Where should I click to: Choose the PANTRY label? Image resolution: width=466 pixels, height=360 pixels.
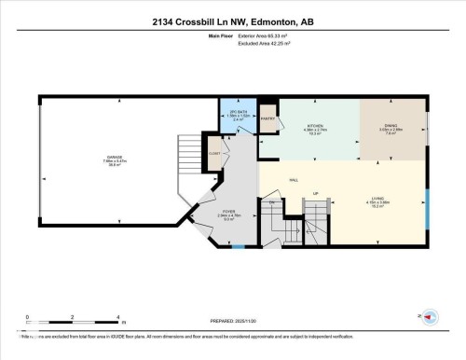click(x=267, y=119)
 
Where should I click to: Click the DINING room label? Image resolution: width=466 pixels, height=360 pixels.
click(x=391, y=127)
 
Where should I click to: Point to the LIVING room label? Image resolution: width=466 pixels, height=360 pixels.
click(x=377, y=198)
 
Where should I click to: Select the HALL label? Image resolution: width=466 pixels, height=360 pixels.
click(x=293, y=179)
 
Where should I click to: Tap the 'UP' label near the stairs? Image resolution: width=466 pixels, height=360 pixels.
click(x=316, y=194)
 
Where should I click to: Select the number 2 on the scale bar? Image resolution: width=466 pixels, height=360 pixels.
click(x=73, y=317)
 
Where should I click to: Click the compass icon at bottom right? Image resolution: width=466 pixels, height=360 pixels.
click(x=430, y=317)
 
